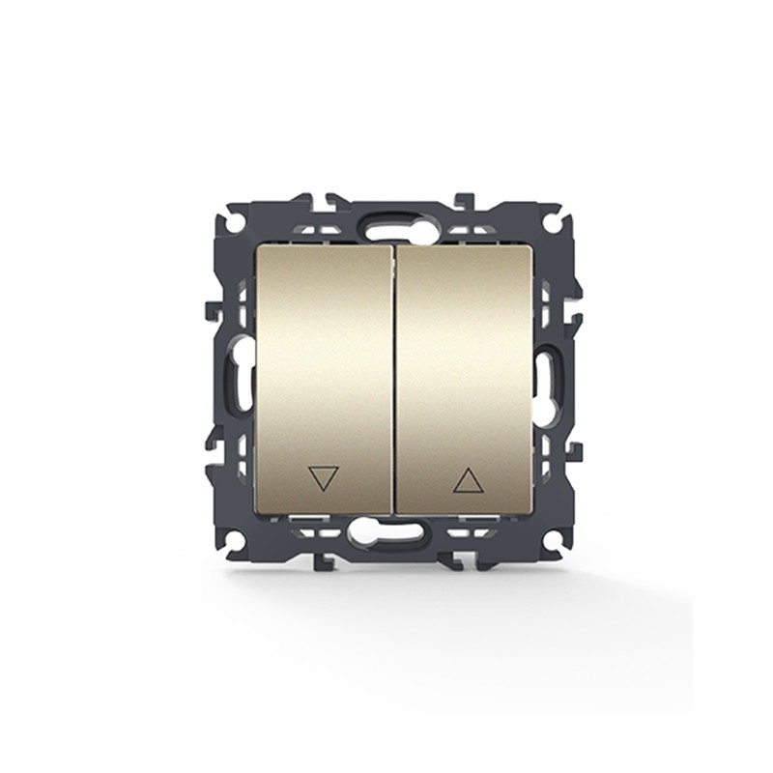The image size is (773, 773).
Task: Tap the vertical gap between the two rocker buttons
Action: [394, 377]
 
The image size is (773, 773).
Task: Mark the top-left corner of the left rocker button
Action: [255, 246]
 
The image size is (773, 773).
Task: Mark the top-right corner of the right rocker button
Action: [531, 246]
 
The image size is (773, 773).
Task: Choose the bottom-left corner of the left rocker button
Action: [256, 513]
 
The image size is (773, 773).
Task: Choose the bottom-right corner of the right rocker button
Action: [531, 513]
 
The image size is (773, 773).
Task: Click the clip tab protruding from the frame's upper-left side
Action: [213, 310]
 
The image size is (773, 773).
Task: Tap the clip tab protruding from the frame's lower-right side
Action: [575, 451]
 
